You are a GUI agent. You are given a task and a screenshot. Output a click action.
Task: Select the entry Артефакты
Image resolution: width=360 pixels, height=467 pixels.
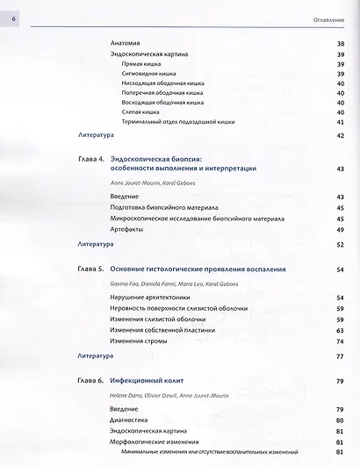point(128,229)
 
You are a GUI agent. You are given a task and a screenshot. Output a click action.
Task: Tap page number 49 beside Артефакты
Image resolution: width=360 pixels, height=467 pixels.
point(340,229)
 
